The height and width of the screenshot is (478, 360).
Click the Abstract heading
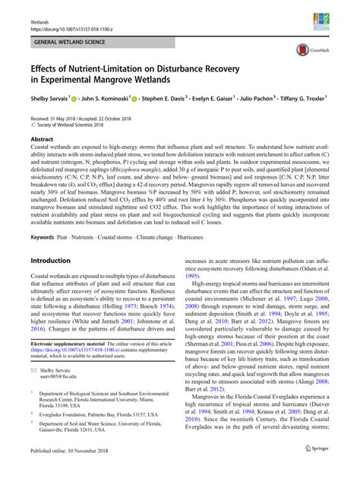pyautogui.click(x=41, y=140)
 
